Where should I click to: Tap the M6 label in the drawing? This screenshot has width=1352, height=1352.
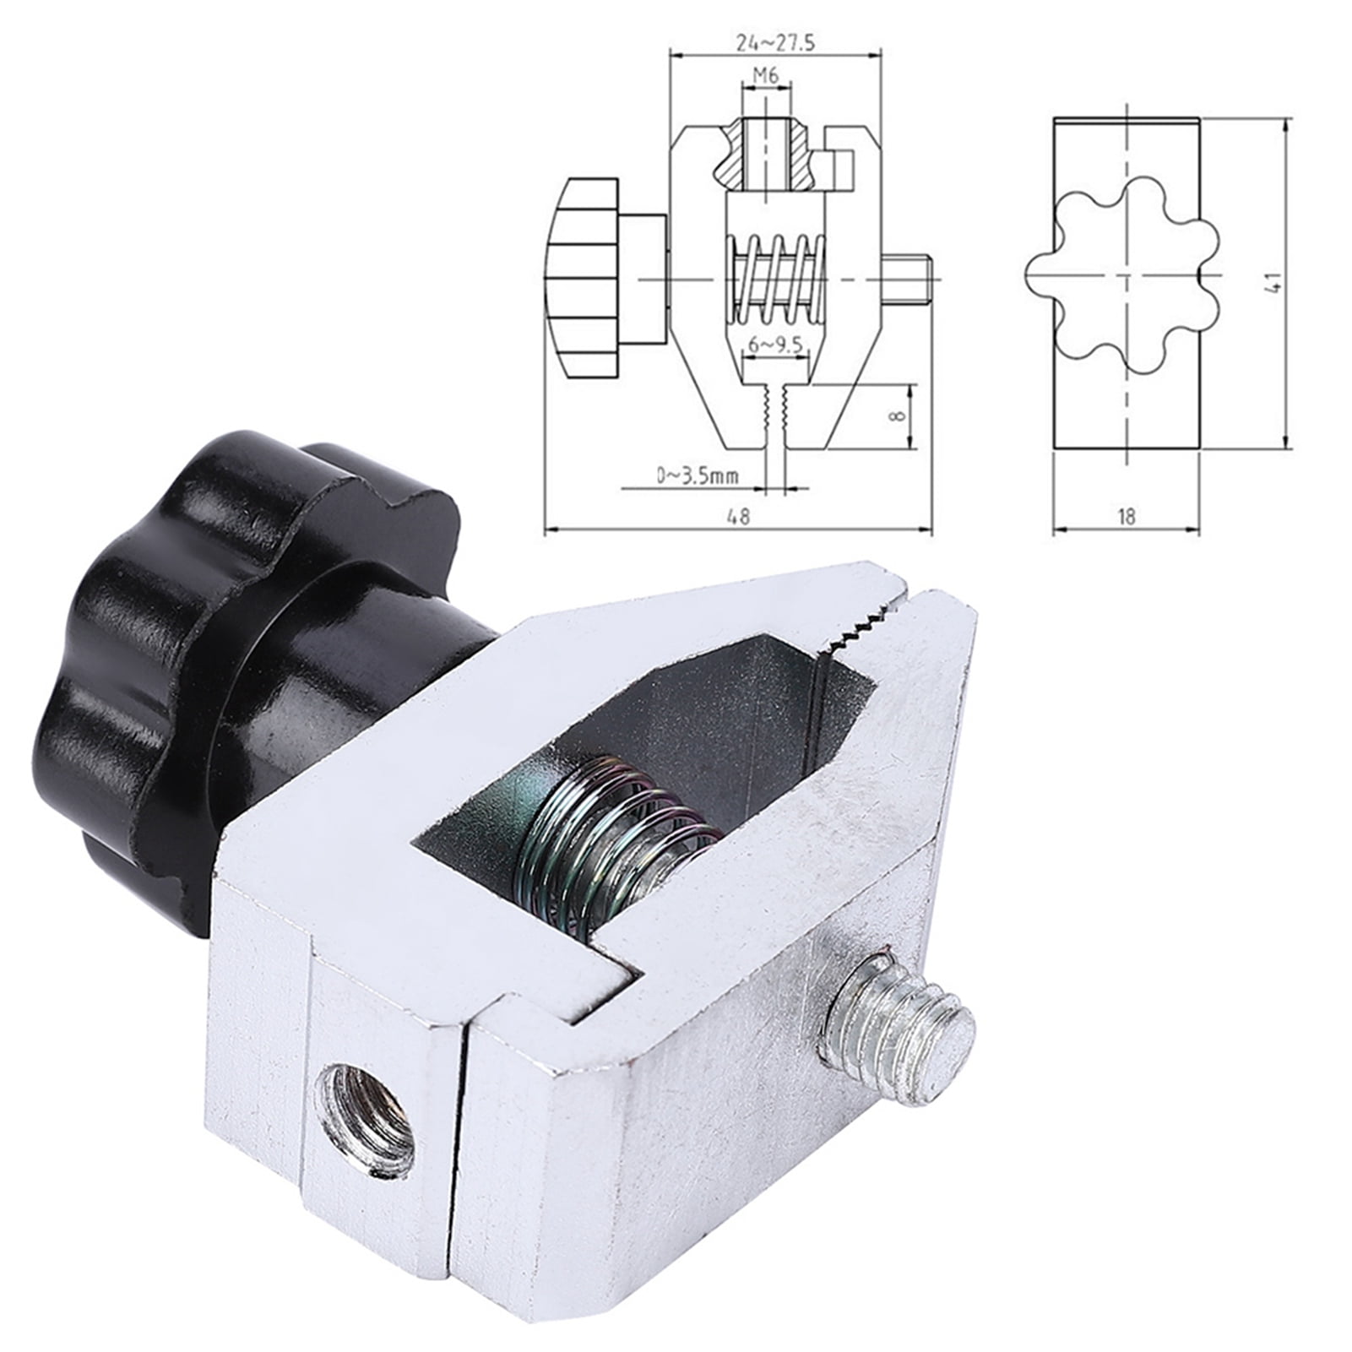(x=765, y=76)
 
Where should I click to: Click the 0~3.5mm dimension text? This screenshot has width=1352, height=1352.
(x=698, y=477)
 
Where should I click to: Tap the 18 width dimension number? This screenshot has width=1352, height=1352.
(x=1126, y=516)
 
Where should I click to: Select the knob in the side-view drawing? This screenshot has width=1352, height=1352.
(x=583, y=279)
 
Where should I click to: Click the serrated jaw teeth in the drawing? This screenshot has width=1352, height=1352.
(x=774, y=410)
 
